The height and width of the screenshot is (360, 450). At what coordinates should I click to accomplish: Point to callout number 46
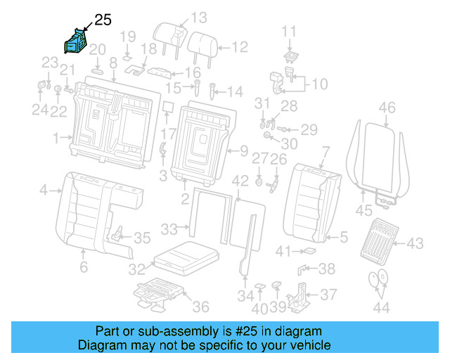[387, 108]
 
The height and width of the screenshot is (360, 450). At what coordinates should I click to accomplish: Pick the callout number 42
[240, 181]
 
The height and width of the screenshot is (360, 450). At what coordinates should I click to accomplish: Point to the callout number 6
[83, 267]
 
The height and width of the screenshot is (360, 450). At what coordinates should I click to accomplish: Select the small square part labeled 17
[167, 107]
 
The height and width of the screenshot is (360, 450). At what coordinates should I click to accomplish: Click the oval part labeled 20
[98, 70]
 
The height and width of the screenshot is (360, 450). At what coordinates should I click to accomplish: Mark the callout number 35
[142, 238]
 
